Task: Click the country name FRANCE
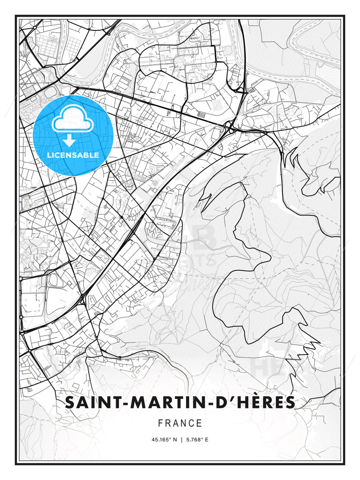(x=180, y=423)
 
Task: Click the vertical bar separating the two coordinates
(x=181, y=440)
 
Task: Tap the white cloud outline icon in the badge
(x=73, y=120)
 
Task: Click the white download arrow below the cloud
(x=69, y=141)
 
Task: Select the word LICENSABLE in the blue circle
(x=73, y=155)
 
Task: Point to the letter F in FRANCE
(x=160, y=423)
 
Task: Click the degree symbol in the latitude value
(x=170, y=438)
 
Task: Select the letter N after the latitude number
(x=175, y=440)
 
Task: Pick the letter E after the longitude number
(x=207, y=440)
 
